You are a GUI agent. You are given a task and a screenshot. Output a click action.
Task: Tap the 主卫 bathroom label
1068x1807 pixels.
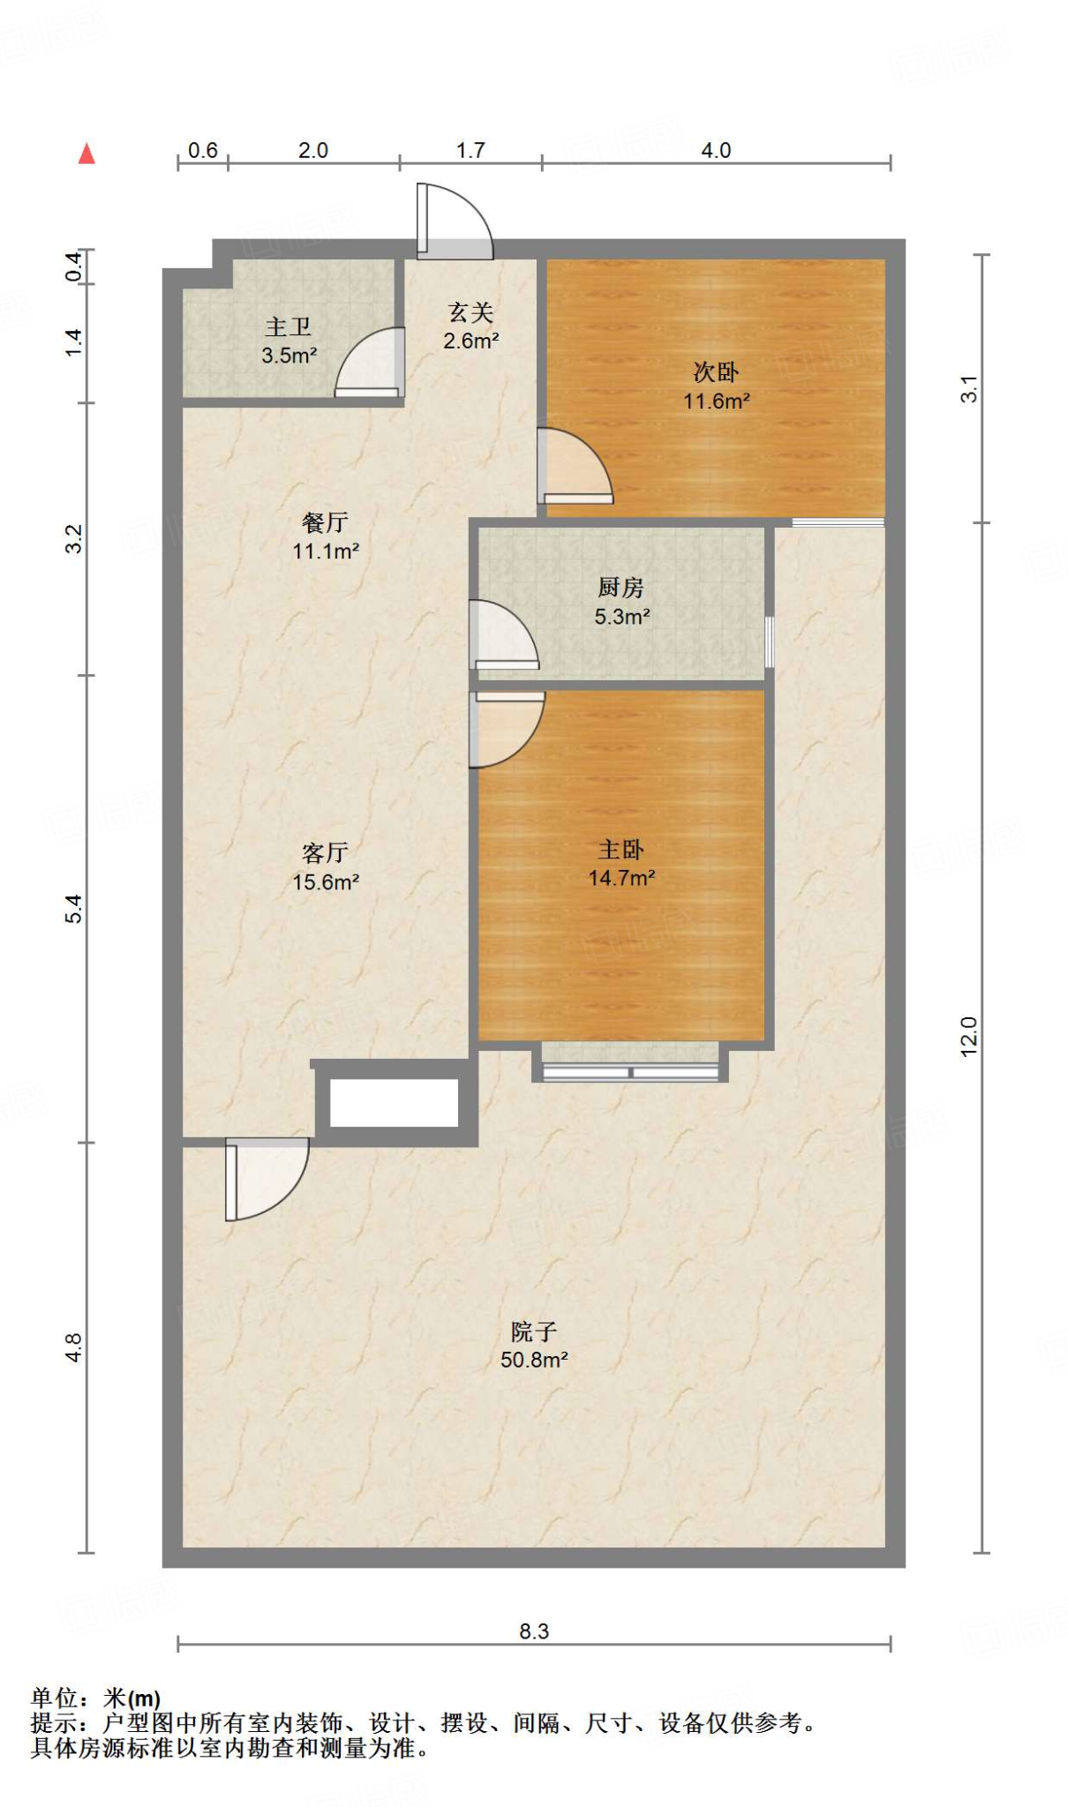coord(289,326)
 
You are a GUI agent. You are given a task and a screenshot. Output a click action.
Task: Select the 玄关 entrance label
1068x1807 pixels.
coord(470,311)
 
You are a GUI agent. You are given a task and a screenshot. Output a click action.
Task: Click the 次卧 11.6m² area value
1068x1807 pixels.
coord(717,401)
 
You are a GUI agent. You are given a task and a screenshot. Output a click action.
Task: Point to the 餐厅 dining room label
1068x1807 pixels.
coord(325,522)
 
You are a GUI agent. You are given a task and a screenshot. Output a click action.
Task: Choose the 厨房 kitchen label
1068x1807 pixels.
coord(621,587)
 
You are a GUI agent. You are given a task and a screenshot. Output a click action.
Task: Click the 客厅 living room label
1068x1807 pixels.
coord(325,852)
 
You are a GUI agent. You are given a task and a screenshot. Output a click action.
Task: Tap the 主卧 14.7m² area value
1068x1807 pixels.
coord(621,878)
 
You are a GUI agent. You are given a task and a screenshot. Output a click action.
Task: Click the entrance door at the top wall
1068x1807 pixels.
coord(455,221)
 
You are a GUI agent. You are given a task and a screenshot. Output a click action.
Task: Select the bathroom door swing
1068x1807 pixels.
coord(370,363)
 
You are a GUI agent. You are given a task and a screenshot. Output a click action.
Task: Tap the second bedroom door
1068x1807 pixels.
coord(575,466)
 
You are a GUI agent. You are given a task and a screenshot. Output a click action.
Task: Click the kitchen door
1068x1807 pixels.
coord(503,634)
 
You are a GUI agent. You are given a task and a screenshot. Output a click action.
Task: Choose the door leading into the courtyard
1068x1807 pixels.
coord(267,1180)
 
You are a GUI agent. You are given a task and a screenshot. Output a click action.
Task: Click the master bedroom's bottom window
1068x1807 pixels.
coord(630,1072)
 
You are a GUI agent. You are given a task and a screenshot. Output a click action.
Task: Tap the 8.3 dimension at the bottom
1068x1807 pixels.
coord(534,1631)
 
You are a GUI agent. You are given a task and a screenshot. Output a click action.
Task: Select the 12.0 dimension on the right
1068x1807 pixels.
coord(969,1037)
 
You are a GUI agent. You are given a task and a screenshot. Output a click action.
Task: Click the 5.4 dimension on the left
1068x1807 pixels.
coord(74,909)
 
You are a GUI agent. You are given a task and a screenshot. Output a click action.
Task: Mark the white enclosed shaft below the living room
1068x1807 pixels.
coord(394,1103)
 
